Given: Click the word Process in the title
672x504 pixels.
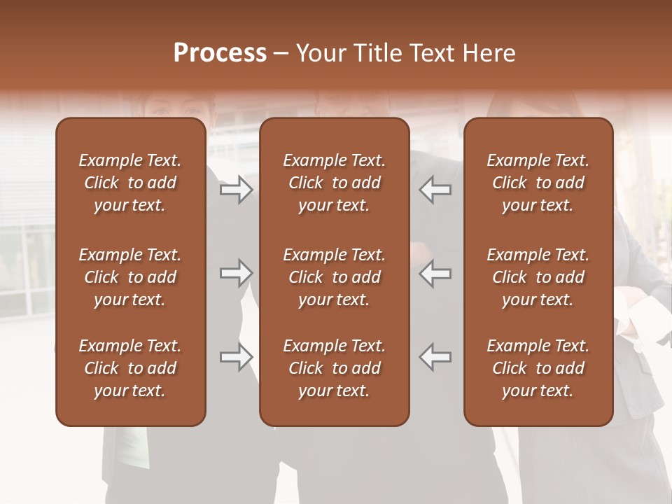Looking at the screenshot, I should click(220, 53).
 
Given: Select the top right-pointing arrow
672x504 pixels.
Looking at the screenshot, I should click(236, 189).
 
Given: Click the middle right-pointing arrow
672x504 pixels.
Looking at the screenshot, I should click(236, 273).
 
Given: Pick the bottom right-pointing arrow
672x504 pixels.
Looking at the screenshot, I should click(236, 357).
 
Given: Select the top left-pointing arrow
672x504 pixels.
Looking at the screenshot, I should click(435, 189).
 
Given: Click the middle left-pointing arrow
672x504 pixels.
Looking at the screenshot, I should click(435, 273).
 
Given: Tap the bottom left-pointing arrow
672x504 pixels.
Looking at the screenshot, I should click(435, 357).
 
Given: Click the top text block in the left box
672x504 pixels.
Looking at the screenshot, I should click(130, 183).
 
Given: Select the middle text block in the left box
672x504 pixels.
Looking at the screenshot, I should click(130, 277).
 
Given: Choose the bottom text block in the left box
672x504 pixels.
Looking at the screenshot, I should click(130, 368).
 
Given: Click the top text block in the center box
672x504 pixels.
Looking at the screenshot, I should click(334, 183).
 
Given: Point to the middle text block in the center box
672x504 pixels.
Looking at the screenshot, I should click(334, 277).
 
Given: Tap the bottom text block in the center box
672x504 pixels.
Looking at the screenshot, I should click(334, 368).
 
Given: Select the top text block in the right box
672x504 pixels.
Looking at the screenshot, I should click(538, 183).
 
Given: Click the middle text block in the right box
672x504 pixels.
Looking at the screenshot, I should click(538, 277).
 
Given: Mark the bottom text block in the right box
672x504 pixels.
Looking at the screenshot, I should click(538, 368).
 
